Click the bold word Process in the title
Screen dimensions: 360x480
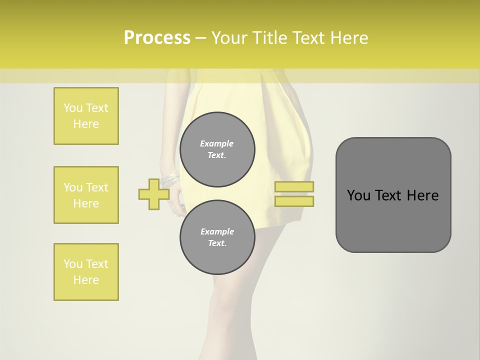(157, 38)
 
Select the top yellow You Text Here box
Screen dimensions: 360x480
(86, 116)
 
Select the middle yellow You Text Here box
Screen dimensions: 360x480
(86, 195)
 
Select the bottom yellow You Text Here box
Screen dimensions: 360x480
(86, 272)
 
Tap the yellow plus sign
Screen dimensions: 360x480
(153, 194)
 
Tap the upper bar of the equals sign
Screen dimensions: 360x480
(294, 186)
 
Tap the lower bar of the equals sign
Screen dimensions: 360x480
(294, 201)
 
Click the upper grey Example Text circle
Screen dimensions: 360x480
(217, 149)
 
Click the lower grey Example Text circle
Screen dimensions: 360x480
(217, 237)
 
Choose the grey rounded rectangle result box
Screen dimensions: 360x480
(393, 195)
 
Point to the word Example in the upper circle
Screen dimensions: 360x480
(217, 143)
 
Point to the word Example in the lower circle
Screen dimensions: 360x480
(217, 231)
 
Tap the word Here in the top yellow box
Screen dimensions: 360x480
(86, 124)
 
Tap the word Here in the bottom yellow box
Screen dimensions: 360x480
(86, 280)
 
